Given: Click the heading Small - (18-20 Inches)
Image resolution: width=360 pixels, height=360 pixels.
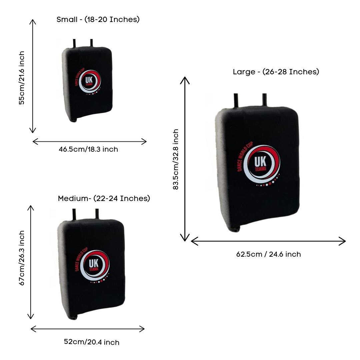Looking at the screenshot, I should (x=98, y=19).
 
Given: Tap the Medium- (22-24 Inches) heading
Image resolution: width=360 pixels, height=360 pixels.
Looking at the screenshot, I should (x=104, y=198).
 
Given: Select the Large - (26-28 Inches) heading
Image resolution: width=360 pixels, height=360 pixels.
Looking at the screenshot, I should (x=276, y=72).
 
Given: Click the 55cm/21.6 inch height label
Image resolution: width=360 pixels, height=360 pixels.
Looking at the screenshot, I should (x=22, y=78).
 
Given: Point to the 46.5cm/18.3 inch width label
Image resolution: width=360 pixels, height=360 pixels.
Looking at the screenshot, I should (x=88, y=149).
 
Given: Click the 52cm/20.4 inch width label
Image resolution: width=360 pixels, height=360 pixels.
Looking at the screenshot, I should (x=91, y=342).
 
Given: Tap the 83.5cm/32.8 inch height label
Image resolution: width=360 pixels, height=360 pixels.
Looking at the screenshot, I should (x=176, y=159).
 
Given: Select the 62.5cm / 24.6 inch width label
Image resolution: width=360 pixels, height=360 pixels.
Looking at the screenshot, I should (x=268, y=254).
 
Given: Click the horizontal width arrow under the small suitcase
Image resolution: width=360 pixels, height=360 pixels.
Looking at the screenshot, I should (x=89, y=141).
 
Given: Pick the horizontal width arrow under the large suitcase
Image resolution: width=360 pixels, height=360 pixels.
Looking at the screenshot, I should (x=268, y=241).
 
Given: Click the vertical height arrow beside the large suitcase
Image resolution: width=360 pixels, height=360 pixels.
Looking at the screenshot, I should (x=185, y=159).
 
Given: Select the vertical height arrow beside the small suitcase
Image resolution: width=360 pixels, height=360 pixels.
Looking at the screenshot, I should (x=32, y=76).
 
